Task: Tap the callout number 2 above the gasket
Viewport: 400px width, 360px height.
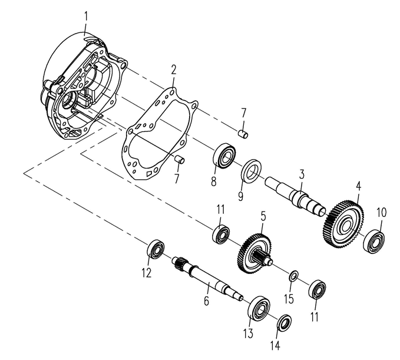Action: (173, 70)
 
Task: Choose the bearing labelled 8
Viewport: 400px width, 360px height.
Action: (224, 154)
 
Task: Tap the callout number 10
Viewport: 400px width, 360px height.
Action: (381, 212)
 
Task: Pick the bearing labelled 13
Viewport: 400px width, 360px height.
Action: (259, 308)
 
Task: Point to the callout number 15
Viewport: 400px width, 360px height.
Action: (288, 299)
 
